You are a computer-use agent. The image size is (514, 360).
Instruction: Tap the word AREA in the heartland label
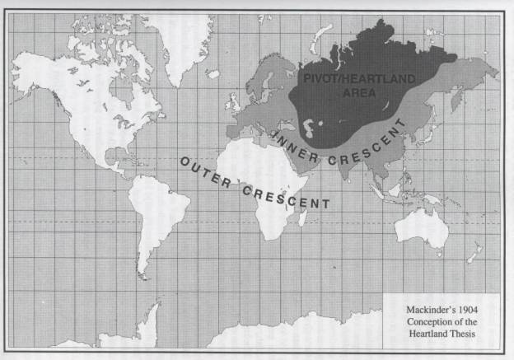pos(361,93)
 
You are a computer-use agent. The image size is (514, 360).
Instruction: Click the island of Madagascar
pos(302,217)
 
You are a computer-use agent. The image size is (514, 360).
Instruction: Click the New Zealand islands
pos(473,254)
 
